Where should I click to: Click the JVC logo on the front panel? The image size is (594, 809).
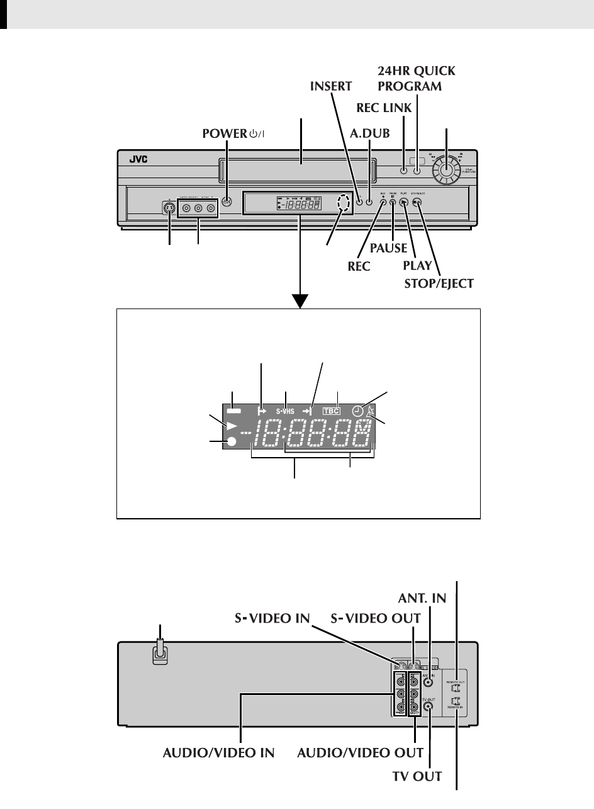(x=138, y=160)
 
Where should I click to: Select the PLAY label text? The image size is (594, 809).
(x=417, y=266)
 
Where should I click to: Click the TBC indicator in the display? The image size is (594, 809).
(x=331, y=411)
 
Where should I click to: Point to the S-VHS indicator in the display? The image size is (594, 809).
(x=284, y=411)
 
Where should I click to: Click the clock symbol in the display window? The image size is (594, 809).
(x=357, y=410)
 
